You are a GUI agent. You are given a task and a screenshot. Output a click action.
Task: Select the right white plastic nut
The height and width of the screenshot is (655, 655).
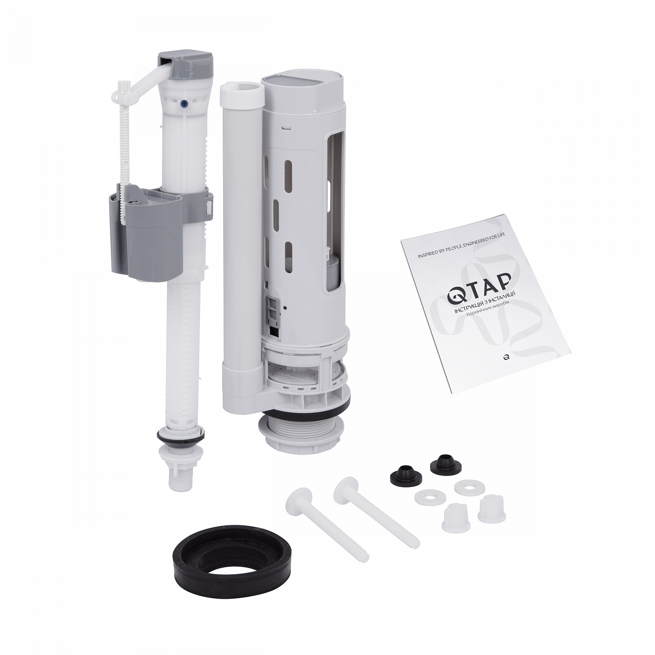491,508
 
